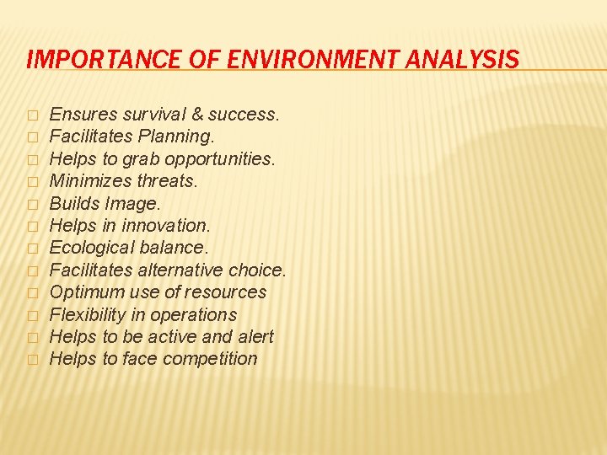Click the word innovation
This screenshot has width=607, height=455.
[166, 225]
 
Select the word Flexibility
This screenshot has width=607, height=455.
[89, 314]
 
